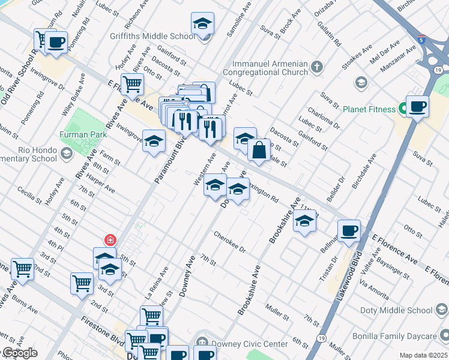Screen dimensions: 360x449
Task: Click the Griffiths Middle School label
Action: (x=152, y=36)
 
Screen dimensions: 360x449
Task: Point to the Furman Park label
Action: (x=83, y=135)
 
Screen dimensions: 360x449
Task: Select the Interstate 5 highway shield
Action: (x=423, y=38)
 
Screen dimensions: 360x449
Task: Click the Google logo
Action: (x=19, y=353)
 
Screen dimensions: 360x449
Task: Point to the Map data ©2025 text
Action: (x=424, y=355)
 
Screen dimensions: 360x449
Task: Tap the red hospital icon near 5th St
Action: (x=110, y=241)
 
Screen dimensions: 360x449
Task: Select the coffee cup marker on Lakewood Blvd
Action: (x=349, y=231)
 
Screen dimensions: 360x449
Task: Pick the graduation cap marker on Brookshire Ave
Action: (x=305, y=223)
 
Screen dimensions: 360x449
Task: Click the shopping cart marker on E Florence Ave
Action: (x=132, y=85)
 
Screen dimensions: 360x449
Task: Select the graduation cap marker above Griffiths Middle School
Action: (x=203, y=25)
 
